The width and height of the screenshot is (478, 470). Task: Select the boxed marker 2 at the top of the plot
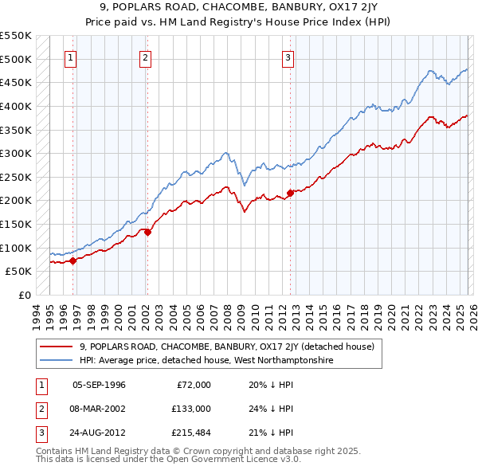point(146,57)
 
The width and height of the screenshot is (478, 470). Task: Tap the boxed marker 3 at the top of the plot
point(288,57)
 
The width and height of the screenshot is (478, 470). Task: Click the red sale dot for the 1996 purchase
point(73,260)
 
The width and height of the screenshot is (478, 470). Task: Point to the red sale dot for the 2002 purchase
point(148,232)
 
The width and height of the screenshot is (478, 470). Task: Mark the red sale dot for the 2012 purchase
point(290,192)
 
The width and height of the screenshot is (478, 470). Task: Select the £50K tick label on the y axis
point(19,271)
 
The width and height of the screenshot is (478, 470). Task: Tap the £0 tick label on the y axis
point(25,295)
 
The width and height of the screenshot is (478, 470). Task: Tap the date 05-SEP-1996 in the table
point(99,385)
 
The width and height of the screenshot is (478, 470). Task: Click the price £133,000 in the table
point(190,409)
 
